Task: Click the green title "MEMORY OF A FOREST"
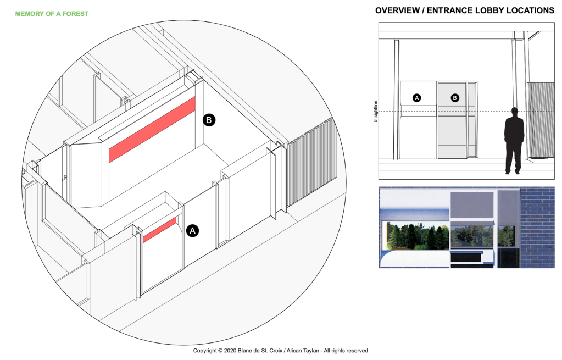pyautogui.click(x=52, y=14)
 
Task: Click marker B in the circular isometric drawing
pyautogui.click(x=209, y=120)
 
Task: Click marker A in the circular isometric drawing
pyautogui.click(x=192, y=230)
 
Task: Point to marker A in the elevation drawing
pyautogui.click(x=416, y=97)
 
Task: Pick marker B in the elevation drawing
pyautogui.click(x=455, y=97)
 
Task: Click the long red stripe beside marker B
pyautogui.click(x=152, y=130)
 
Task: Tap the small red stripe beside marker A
pyautogui.click(x=160, y=230)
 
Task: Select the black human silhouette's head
pyautogui.click(x=515, y=112)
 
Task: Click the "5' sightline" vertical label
pyautogui.click(x=376, y=111)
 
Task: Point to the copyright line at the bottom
pyautogui.click(x=280, y=350)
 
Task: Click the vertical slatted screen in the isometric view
pyautogui.click(x=312, y=163)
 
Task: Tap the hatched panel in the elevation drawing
pyautogui.click(x=541, y=120)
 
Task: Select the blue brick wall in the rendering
pyautogui.click(x=537, y=228)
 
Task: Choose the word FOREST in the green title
pyautogui.click(x=75, y=14)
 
